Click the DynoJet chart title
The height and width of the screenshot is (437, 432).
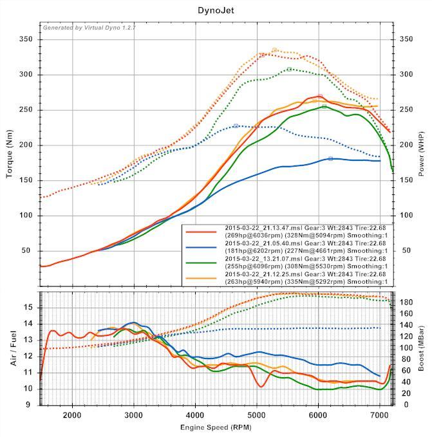click(x=216, y=10)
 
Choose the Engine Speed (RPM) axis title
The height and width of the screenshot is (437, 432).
click(x=216, y=427)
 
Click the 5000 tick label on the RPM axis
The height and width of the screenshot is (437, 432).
click(x=257, y=414)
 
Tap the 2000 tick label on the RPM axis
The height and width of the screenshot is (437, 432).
click(x=72, y=414)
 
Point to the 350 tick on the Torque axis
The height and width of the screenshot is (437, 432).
click(x=26, y=40)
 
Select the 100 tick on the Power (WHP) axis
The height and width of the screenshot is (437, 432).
click(x=407, y=215)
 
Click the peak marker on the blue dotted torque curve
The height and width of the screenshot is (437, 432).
click(x=236, y=126)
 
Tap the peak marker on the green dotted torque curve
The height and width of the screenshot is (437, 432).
click(x=289, y=69)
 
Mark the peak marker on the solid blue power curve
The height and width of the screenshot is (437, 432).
click(x=331, y=158)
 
